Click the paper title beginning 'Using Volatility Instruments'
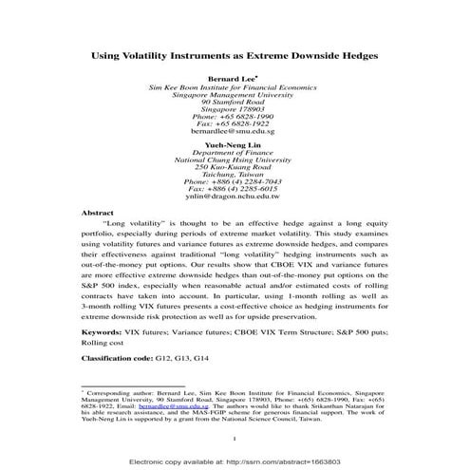tap(234, 55)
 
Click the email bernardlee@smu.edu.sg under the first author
tap(234, 132)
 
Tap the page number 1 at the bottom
tap(234, 439)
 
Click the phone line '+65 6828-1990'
tap(234, 115)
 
